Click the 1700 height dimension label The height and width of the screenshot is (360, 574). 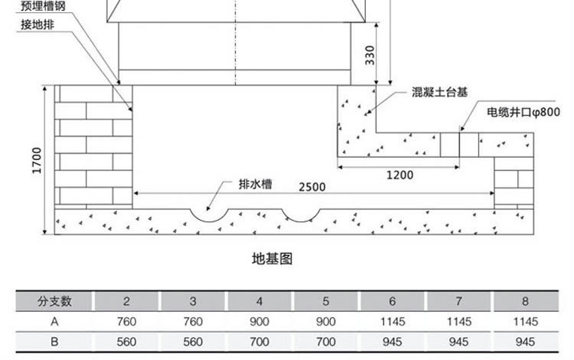[37, 160]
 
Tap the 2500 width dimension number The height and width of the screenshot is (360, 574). [312, 187]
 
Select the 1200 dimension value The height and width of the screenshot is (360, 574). [400, 175]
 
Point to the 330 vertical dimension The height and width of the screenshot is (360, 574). [370, 55]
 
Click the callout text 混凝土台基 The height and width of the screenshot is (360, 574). [439, 92]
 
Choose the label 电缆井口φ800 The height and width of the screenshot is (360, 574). [523, 112]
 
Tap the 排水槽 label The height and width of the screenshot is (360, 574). [255, 184]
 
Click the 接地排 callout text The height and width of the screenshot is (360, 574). [38, 25]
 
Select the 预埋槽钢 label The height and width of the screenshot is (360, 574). [43, 6]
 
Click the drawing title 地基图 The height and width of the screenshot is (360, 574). [272, 259]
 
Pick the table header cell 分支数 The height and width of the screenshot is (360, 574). [54, 301]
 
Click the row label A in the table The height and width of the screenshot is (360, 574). [54, 322]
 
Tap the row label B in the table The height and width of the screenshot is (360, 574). [54, 342]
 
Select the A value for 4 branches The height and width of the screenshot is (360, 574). [259, 322]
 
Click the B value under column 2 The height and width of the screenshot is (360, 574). [126, 342]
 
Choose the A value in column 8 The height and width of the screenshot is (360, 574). [525, 322]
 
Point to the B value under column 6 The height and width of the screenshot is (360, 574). [392, 342]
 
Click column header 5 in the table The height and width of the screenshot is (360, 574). [326, 301]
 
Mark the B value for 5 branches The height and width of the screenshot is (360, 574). [326, 342]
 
